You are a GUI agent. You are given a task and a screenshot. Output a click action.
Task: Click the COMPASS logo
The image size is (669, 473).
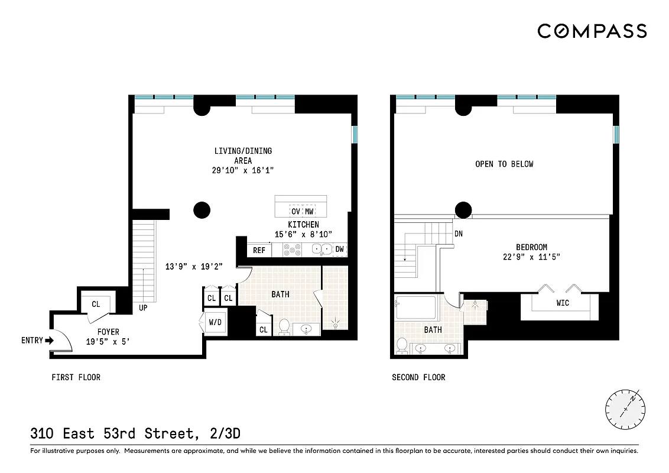[592, 31]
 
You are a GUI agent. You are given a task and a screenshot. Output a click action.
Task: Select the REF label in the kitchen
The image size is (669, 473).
[259, 250]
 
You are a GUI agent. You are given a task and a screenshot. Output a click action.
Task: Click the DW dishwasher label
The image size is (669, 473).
[339, 250]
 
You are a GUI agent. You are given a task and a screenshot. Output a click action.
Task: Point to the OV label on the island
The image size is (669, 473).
[295, 211]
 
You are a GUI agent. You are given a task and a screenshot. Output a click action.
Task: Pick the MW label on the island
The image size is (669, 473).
[309, 211]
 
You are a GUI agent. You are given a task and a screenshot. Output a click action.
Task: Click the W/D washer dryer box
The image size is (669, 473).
[215, 323]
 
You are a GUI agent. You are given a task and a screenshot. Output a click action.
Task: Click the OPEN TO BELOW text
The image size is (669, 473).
[504, 164]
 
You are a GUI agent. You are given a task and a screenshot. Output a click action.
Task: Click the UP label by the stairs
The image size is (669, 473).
[143, 308]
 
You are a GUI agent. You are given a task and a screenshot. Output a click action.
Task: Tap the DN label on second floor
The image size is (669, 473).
[458, 234]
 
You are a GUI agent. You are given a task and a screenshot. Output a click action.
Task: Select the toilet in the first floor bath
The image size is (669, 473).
[284, 326]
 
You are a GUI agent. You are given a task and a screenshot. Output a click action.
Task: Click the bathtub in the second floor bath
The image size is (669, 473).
[415, 308]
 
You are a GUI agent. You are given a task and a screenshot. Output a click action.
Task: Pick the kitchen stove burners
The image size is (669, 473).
[291, 250]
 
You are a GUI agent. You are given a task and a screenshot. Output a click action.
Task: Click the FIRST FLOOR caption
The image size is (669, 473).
[76, 377]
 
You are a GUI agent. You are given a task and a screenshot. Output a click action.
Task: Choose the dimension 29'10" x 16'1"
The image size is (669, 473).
[243, 170]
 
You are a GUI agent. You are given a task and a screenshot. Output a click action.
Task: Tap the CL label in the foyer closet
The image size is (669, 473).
[95, 304]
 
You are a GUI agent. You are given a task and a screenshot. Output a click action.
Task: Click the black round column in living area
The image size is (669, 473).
[202, 209]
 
